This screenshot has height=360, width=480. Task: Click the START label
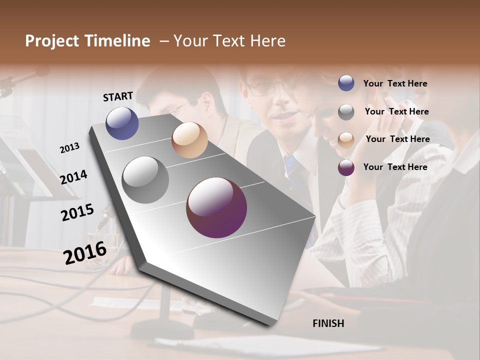[x=118, y=96]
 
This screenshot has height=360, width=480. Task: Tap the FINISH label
[x=328, y=323]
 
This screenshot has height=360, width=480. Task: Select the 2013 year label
[x=69, y=148]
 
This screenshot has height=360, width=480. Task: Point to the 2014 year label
[x=73, y=177]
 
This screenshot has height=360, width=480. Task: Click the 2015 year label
[x=77, y=212]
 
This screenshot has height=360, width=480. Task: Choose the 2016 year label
[x=85, y=253]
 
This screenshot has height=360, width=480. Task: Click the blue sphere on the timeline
[x=122, y=123]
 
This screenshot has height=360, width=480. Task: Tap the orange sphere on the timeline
[x=189, y=140]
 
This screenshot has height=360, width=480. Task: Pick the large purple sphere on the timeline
[x=216, y=207]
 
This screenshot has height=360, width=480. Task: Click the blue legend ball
[x=346, y=83]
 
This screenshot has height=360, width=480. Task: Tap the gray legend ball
[x=346, y=112]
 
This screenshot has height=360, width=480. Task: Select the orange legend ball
[x=346, y=140]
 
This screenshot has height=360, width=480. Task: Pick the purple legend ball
[x=346, y=167]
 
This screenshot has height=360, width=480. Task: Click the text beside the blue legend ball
[x=395, y=84]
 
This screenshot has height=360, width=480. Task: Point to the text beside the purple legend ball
[x=395, y=167]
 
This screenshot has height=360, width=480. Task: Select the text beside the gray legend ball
[x=396, y=111]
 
